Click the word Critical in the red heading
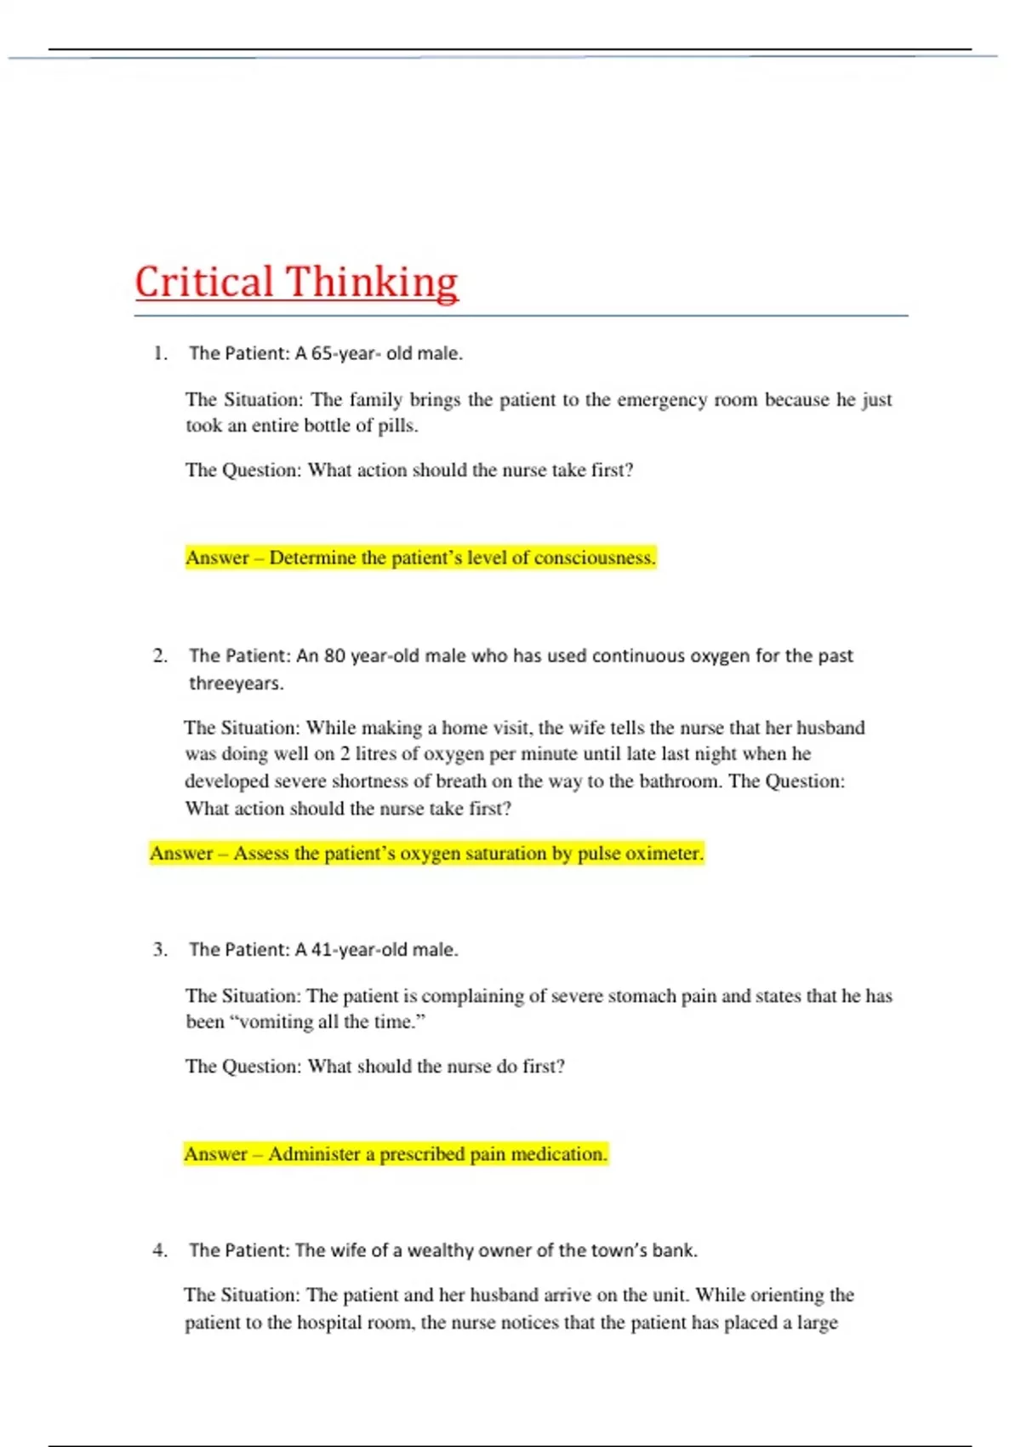click(203, 282)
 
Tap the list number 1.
click(160, 353)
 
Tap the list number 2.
click(160, 655)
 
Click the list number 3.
click(160, 949)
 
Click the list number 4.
click(160, 1250)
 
